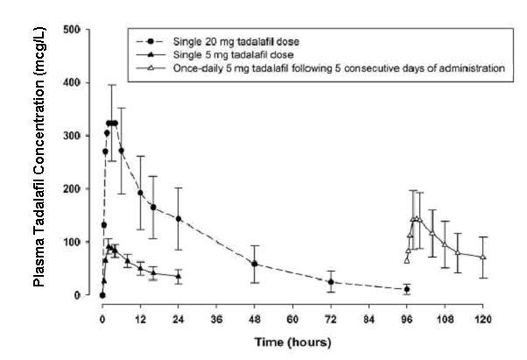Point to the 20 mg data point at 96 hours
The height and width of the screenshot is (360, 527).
407,289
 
